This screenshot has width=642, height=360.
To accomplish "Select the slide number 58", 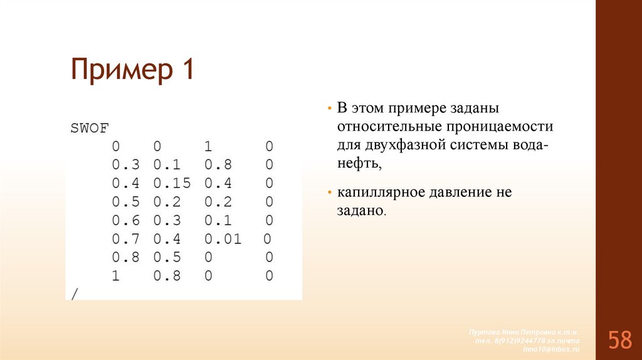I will click(619, 341).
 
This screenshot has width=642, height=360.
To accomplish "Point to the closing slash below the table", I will click(74, 294).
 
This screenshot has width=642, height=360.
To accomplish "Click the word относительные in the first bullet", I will click(389, 126).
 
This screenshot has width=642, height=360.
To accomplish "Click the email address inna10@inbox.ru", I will click(551, 348).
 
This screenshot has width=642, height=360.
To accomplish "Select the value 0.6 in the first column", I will click(125, 221).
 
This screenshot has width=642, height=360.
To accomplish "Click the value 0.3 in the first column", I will click(125, 166).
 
